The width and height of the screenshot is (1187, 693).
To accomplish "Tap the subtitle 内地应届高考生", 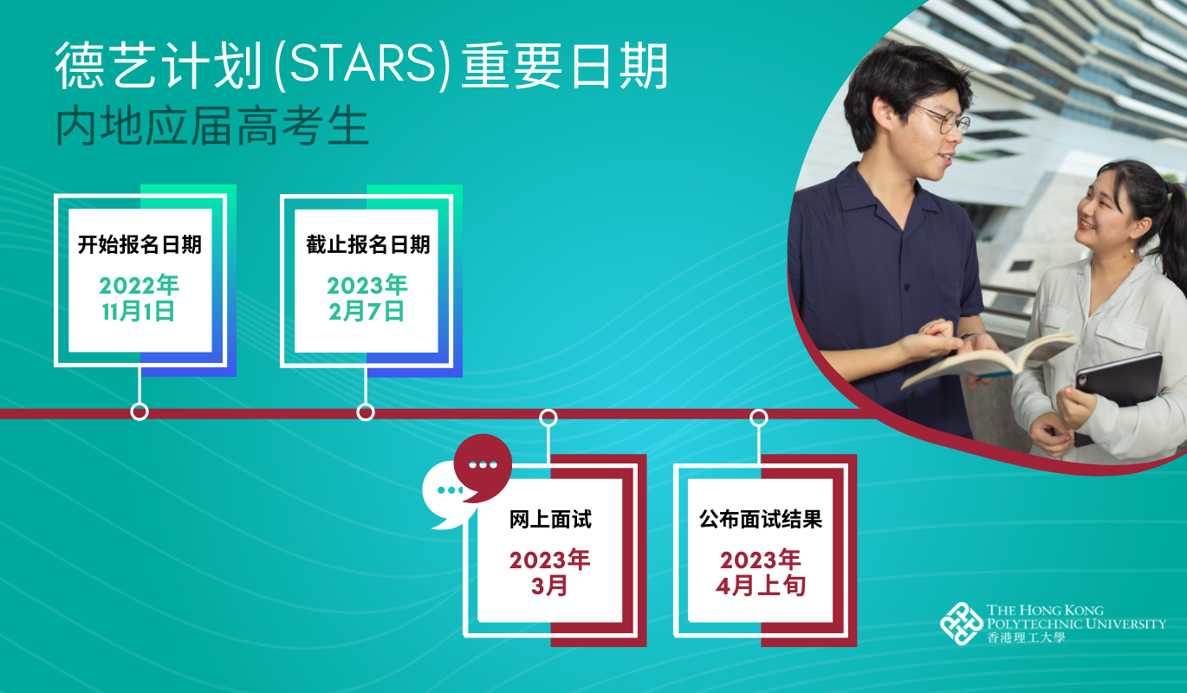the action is point(212,126).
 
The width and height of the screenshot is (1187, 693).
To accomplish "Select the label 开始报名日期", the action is point(139,244).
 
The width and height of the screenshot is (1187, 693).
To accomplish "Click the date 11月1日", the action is point(139,311).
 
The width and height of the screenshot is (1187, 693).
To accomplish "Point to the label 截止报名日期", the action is point(367,244).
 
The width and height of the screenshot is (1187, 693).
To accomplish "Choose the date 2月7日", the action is point(366,311).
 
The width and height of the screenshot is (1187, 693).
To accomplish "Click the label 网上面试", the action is point(550,519).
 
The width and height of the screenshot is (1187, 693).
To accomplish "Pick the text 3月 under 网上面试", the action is point(549,586).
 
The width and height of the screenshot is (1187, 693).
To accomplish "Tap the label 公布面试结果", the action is point(761,519).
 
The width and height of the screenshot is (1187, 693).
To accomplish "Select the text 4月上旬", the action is point(761,586).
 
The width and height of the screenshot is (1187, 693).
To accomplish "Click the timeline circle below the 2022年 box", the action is point(139,411).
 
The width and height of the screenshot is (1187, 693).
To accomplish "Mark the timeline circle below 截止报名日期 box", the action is point(366,412).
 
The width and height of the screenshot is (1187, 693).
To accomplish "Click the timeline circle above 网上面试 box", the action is point(548,418).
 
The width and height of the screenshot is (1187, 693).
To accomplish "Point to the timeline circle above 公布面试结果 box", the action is point(759,418).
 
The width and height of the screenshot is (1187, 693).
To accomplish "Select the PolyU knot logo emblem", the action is point(961,624).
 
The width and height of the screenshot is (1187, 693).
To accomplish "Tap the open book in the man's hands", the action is point(986,359).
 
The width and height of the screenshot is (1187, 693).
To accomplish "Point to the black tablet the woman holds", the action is point(1117,392).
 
